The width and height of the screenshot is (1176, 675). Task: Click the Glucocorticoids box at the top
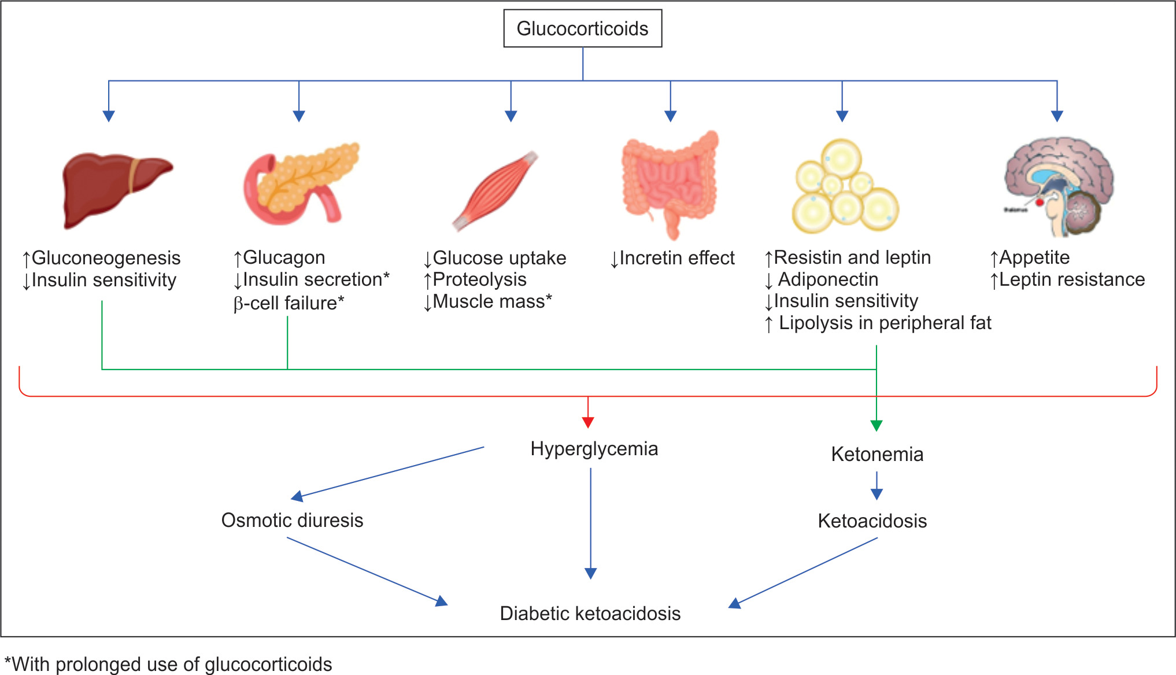(582, 28)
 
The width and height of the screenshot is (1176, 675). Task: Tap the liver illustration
(116, 189)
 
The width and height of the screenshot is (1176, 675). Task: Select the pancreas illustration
(301, 183)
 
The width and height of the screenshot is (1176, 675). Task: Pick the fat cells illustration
(845, 188)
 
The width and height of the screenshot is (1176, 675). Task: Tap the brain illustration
(1058, 185)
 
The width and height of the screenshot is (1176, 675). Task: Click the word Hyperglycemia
(594, 449)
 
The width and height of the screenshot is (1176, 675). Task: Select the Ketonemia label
(877, 455)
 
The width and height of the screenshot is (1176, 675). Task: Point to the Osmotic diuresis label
(292, 521)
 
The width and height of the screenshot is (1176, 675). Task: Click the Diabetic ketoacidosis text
(590, 614)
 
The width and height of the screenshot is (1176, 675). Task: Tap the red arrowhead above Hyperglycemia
(588, 422)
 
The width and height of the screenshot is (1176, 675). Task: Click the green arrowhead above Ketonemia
(877, 425)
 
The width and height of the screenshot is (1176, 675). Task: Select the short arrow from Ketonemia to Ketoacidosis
(877, 486)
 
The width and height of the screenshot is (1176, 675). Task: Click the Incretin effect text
(676, 258)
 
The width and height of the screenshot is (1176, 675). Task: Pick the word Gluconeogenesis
(106, 258)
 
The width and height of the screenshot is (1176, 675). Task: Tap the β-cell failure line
(289, 303)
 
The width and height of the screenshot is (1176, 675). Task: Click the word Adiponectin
(828, 280)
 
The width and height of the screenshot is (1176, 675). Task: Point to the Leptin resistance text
(1071, 280)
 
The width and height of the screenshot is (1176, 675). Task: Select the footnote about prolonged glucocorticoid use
(168, 664)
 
